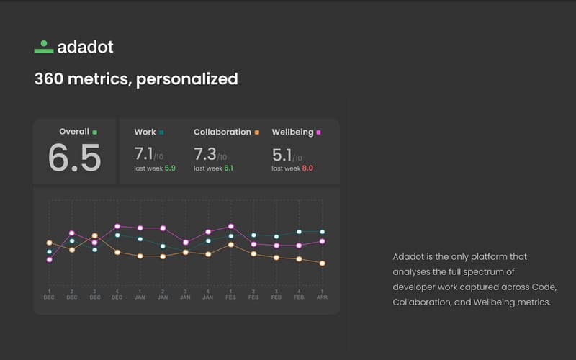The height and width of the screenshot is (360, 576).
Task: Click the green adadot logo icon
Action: [44, 48]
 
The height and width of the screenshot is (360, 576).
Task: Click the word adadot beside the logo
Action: [85, 48]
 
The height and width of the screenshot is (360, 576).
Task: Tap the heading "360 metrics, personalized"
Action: [135, 78]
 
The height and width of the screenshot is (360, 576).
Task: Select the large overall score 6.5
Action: [74, 158]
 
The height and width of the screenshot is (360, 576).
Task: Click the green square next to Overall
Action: [94, 132]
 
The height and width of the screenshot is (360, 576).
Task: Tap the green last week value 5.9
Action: [170, 168]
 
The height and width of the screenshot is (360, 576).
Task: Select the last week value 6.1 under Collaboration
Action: [228, 168]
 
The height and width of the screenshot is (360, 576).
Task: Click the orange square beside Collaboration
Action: [256, 132]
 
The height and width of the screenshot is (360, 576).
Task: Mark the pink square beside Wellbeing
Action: [318, 132]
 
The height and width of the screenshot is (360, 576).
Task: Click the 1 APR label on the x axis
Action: [322, 294]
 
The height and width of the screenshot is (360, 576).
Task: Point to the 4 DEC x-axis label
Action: [117, 294]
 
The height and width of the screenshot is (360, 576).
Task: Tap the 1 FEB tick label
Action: [231, 294]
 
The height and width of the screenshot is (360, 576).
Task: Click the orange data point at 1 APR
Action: [322, 264]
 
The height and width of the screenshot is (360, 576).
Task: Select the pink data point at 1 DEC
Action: [49, 259]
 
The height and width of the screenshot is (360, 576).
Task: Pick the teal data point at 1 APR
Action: [322, 232]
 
